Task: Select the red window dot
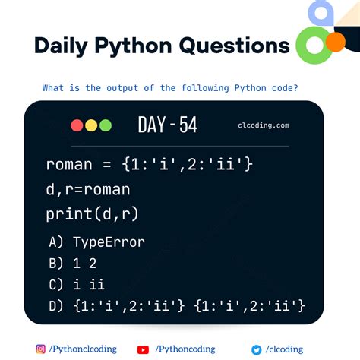(77, 125)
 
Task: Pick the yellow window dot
(90, 125)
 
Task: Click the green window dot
(105, 125)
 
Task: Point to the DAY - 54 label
(167, 125)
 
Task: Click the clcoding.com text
(263, 126)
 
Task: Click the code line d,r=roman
(88, 189)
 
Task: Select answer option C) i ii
(77, 284)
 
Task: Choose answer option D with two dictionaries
(175, 305)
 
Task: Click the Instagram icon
(41, 349)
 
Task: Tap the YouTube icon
(143, 349)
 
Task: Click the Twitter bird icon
(257, 349)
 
